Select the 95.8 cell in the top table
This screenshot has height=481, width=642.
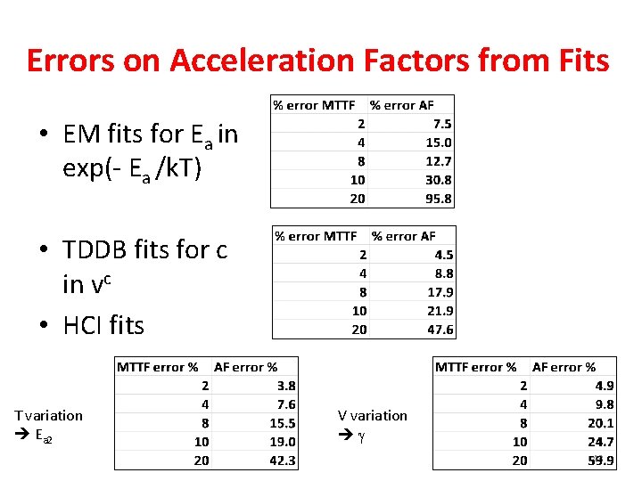click(x=439, y=199)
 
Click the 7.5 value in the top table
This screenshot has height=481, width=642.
click(x=442, y=124)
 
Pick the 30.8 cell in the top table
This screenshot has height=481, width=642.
click(x=439, y=180)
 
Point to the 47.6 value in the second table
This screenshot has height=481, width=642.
click(x=440, y=330)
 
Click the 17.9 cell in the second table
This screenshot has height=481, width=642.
click(x=440, y=292)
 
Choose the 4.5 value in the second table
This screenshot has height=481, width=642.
click(x=444, y=255)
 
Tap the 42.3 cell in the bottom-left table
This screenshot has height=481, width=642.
click(x=282, y=461)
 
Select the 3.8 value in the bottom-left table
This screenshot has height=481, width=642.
click(x=286, y=386)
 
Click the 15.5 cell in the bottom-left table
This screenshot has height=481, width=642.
click(x=282, y=423)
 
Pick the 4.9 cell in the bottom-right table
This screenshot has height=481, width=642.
click(x=604, y=386)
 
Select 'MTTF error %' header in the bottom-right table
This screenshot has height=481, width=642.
click(x=475, y=367)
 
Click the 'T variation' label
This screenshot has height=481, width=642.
click(x=48, y=415)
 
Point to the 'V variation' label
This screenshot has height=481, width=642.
click(x=372, y=415)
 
